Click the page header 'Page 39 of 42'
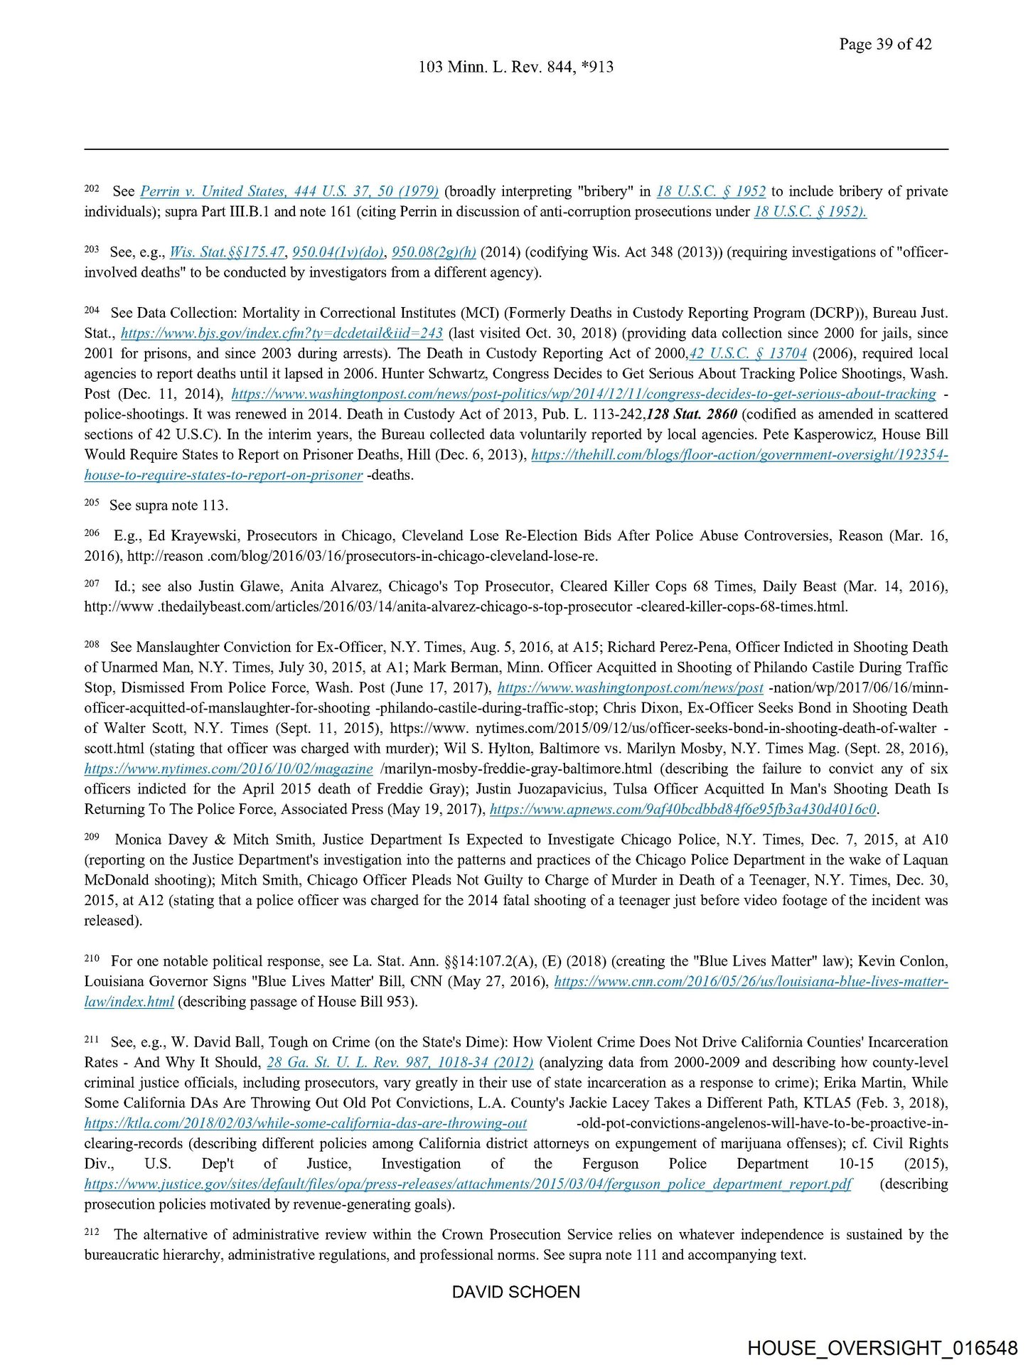click(884, 44)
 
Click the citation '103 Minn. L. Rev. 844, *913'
click(515, 67)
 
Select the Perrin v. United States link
click(289, 191)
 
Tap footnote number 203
click(92, 250)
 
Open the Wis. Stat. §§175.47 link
click(228, 252)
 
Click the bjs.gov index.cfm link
click(282, 333)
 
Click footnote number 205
click(92, 503)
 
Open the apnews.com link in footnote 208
click(683, 810)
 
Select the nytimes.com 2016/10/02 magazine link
click(228, 769)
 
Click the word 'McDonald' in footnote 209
click(116, 880)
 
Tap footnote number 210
click(92, 958)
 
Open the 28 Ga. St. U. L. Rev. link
click(400, 1063)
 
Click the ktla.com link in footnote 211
click(306, 1124)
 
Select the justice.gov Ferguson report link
click(468, 1184)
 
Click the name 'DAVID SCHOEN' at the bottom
click(516, 1292)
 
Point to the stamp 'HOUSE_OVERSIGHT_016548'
click(882, 1348)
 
